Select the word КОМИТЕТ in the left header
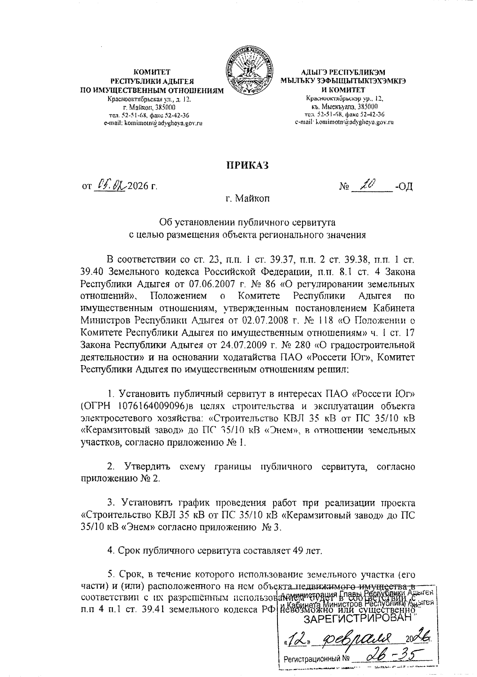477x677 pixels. (x=151, y=72)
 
